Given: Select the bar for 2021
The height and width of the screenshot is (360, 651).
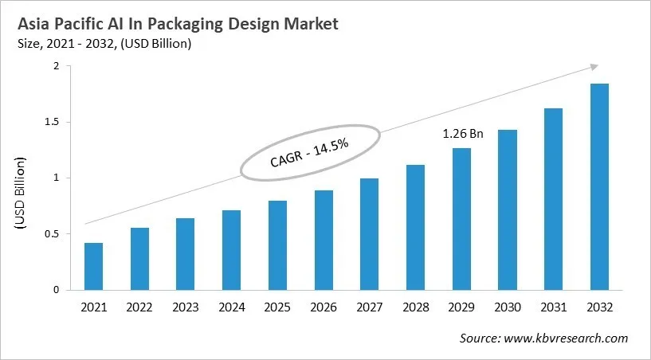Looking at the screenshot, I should coord(94,266).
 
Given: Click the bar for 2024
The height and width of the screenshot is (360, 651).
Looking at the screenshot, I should coord(231,250).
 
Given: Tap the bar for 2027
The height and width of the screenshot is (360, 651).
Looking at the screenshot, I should coord(369,234).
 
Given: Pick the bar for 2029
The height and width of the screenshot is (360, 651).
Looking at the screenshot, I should coord(461,219).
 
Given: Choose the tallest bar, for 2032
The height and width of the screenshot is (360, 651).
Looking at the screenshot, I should coord(599,186).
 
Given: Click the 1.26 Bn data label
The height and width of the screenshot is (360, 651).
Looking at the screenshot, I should coord(463,135).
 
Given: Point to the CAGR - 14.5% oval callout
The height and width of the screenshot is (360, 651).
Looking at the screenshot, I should coord(308,151).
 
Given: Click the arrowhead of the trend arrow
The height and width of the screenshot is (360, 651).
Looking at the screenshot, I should coord(594,67).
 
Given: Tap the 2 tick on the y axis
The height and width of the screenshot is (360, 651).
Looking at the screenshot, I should coord(56,66).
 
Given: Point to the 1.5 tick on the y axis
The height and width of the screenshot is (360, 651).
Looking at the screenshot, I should coord(52,122).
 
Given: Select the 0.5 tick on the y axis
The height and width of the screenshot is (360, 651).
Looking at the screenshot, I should coord(52,234).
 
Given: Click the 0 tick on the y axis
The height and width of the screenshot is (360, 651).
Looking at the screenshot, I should coord(56,290).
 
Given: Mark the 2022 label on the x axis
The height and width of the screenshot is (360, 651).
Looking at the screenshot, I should coord(139,307).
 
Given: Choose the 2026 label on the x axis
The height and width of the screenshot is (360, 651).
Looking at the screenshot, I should coord(323,307).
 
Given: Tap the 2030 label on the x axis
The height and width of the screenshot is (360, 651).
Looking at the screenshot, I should coord(507,307).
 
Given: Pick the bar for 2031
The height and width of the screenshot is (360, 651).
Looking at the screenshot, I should coord(553,199).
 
